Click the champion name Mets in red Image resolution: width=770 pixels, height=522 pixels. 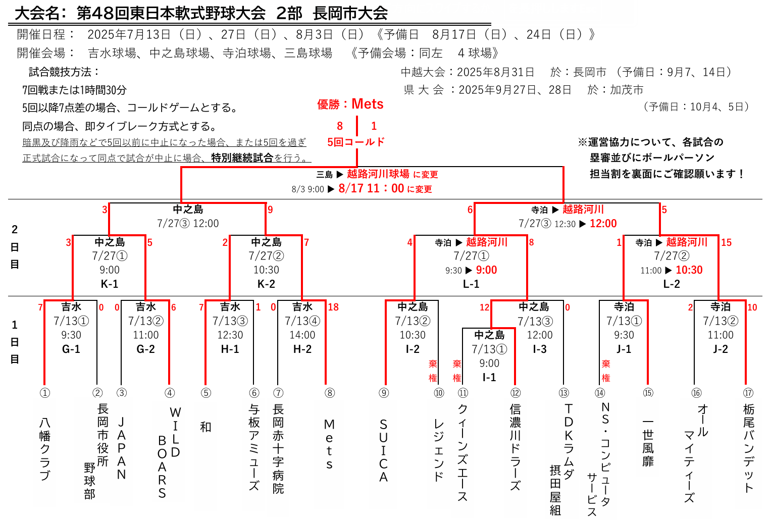coord(367,104)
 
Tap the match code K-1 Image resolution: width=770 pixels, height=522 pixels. coord(109,284)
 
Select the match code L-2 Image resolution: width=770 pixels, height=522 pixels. coord(672,284)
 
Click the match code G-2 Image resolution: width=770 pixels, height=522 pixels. coord(145,349)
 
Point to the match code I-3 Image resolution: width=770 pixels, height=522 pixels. coord(539,349)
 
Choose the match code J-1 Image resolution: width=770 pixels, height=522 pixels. coord(624,349)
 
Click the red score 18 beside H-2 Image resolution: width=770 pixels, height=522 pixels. coord(333,307)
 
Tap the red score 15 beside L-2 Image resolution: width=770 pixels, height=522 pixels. coord(727,242)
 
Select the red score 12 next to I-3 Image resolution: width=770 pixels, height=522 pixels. coord(484,307)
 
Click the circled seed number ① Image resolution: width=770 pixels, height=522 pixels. coord(45,393)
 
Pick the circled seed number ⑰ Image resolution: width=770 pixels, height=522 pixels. coord(748,393)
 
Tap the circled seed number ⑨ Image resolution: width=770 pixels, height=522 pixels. coord(384,393)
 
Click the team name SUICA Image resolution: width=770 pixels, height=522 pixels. coord(383,450)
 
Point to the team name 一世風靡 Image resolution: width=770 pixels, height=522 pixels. coord(648,443)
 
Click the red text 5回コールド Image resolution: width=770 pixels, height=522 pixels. coord(356,142)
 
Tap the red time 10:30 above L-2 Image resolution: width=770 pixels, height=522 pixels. coord(689,270)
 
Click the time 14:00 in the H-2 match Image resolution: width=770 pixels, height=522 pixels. coord(302,335)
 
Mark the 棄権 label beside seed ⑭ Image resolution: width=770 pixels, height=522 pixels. coord(606,371)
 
